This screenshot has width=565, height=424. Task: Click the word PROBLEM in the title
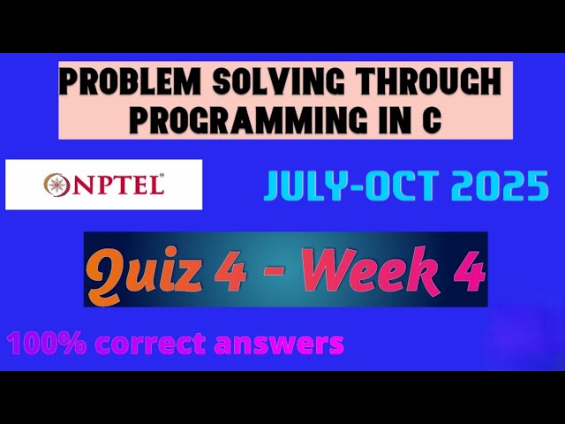pyautogui.click(x=124, y=85)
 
